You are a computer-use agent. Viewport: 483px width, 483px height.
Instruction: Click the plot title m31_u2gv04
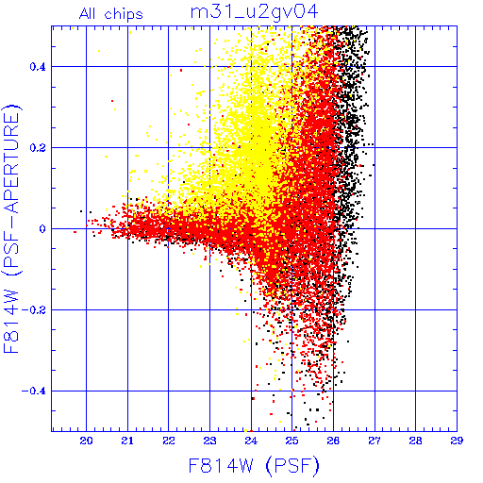coord(255,12)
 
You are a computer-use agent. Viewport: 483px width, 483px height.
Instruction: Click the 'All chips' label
coord(110,14)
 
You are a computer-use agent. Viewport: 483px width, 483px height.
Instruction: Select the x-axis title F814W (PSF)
coord(254,465)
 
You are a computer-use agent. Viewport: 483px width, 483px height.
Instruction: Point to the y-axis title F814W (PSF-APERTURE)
coord(11,228)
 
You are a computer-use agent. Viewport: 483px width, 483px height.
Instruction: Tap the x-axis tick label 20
coord(86,441)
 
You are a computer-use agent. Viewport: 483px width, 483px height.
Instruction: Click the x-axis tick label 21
coord(127,441)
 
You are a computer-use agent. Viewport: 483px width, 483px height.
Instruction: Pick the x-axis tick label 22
coord(169,441)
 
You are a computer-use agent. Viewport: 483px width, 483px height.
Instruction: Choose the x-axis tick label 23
coord(209,441)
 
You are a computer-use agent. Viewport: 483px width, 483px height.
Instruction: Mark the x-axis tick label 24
coord(251,441)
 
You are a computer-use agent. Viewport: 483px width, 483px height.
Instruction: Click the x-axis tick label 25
coord(292,441)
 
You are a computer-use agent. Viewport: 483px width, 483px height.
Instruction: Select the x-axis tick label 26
coord(333,441)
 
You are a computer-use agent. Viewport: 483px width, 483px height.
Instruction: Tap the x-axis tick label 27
coord(375,441)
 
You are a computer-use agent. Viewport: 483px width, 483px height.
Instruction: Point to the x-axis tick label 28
coord(416,441)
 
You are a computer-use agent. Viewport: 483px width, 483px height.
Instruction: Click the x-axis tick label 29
coord(457,441)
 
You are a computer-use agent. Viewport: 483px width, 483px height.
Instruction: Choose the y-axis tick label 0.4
coord(38,67)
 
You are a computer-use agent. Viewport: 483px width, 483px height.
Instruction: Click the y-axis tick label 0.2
coord(38,148)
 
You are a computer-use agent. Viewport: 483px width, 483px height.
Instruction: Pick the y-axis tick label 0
coord(42,229)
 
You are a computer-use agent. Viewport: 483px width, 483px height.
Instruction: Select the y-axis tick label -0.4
coord(34,391)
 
